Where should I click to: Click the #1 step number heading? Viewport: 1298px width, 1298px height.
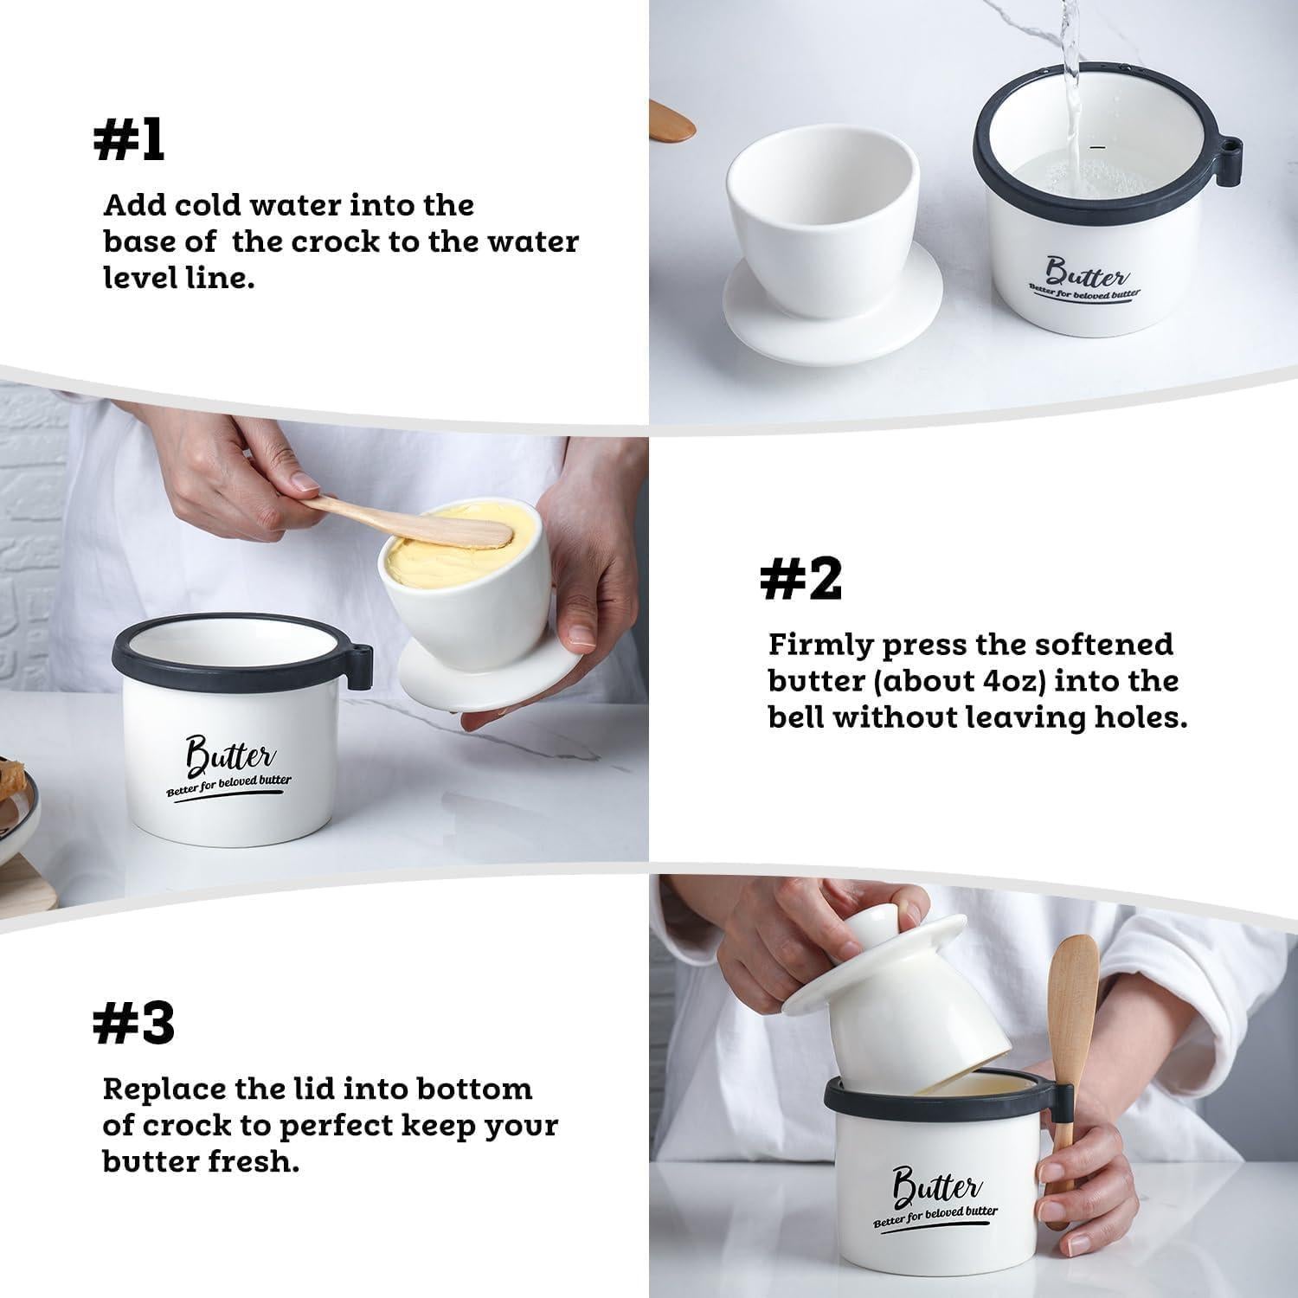129,140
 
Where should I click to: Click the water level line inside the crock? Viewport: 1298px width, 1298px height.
1099,148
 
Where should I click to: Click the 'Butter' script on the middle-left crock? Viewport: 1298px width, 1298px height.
229,755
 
